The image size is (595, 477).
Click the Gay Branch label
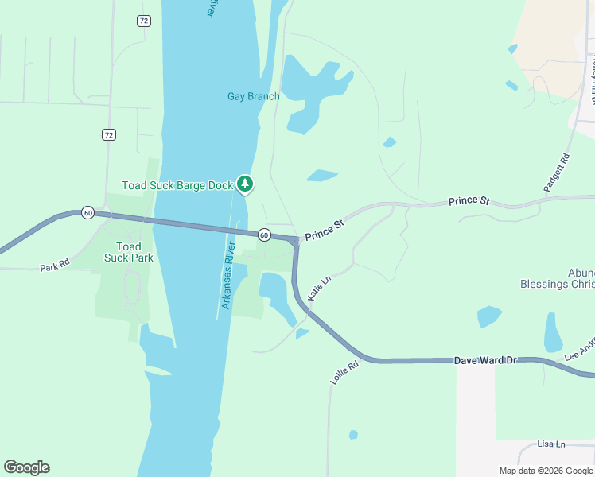[x=253, y=97]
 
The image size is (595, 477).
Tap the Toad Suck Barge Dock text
[x=177, y=185]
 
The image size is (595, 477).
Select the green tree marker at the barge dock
[x=246, y=184]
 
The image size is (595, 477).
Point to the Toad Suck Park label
[x=129, y=252]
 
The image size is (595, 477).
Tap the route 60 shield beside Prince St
[x=264, y=235]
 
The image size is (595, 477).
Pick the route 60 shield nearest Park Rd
[x=87, y=213]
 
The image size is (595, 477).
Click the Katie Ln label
[x=318, y=288]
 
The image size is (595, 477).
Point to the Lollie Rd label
[x=344, y=372]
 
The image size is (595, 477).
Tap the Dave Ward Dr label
[x=485, y=360]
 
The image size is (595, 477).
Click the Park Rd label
[x=55, y=263]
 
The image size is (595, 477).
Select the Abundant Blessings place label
[x=557, y=278]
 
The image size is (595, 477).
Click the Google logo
[x=26, y=467]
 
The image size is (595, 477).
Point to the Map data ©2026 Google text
[x=546, y=471]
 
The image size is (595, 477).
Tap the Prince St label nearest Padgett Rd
[x=469, y=201]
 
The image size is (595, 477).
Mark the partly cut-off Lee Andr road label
[x=580, y=351]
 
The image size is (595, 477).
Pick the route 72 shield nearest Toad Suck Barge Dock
[x=109, y=135]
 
